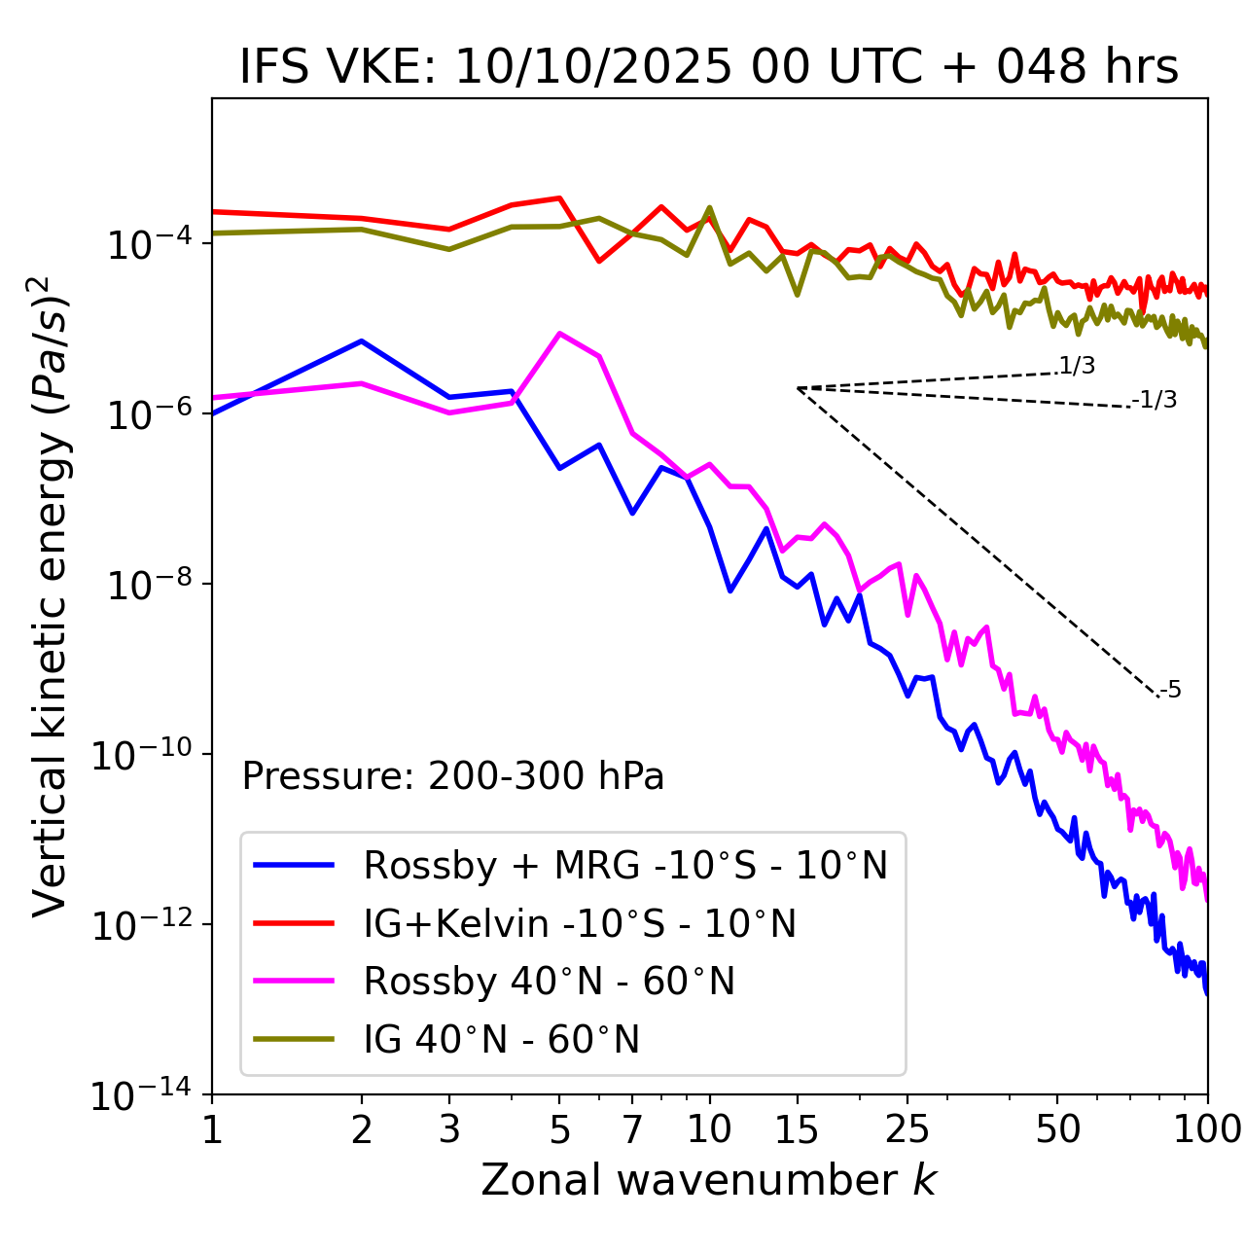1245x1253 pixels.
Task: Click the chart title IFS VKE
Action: tap(709, 66)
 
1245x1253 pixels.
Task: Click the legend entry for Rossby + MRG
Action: tap(625, 865)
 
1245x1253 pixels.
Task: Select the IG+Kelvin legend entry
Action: tap(580, 923)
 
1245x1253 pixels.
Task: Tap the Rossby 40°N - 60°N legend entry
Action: tap(549, 982)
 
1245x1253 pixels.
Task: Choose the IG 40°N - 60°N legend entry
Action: tap(501, 1040)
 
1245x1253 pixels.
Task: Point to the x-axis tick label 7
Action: tap(632, 1129)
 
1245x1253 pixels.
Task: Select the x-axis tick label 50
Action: tap(1057, 1129)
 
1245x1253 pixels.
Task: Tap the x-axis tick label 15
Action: tap(797, 1129)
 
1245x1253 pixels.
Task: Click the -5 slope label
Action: tap(1170, 691)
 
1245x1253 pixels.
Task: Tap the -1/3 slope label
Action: tap(1155, 400)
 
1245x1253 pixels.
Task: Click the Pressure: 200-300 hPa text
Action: tap(452, 776)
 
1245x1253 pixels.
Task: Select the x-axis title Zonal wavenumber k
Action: tap(709, 1180)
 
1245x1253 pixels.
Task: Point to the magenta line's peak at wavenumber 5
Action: tap(559, 334)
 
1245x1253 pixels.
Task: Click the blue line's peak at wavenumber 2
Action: tap(362, 340)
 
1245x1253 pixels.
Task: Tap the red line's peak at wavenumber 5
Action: tap(559, 197)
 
